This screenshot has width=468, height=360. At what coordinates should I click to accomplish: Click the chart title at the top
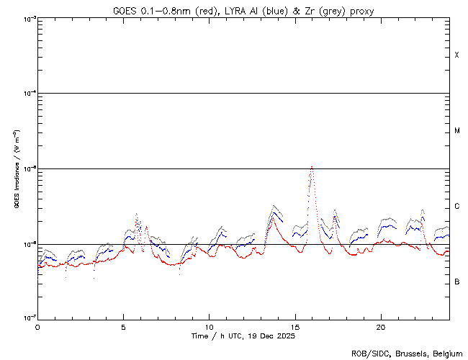(243, 10)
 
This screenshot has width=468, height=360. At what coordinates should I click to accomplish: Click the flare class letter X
(456, 55)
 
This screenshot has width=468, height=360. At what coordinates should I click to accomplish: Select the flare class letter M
(456, 131)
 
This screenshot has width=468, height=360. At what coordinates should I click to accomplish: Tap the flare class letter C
(456, 207)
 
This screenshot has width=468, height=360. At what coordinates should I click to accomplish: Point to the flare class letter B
(456, 282)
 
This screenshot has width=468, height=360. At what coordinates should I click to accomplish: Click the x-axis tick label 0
(37, 326)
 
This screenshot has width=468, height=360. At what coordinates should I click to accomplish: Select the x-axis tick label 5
(123, 326)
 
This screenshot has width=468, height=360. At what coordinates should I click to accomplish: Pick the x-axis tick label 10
(209, 326)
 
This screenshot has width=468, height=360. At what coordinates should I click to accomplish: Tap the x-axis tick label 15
(294, 326)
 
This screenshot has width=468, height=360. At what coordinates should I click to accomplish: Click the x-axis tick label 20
(380, 326)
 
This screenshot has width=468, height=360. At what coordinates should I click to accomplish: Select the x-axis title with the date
(243, 336)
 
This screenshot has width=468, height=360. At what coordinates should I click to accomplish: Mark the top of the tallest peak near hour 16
(311, 167)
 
